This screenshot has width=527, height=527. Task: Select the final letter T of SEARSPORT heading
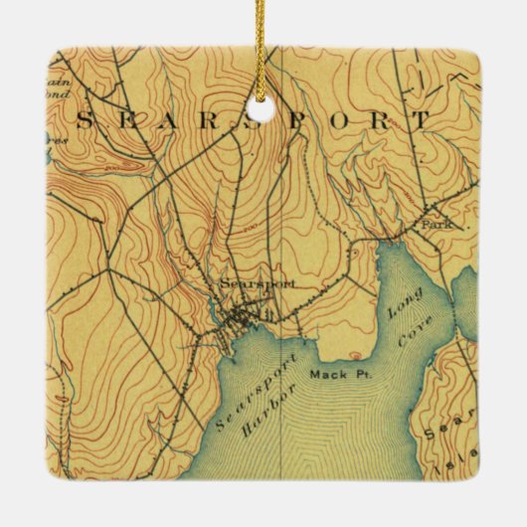[422, 119]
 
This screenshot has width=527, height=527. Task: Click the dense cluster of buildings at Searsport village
[239, 320]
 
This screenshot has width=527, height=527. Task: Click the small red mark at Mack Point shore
[354, 357]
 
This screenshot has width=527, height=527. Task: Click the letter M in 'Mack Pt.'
[314, 375]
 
